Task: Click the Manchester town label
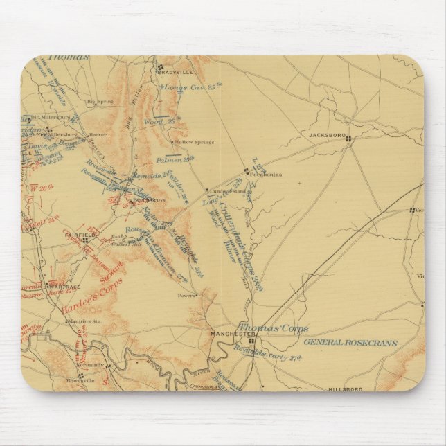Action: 228,334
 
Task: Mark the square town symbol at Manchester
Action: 252,340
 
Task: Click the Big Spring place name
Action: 100,102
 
